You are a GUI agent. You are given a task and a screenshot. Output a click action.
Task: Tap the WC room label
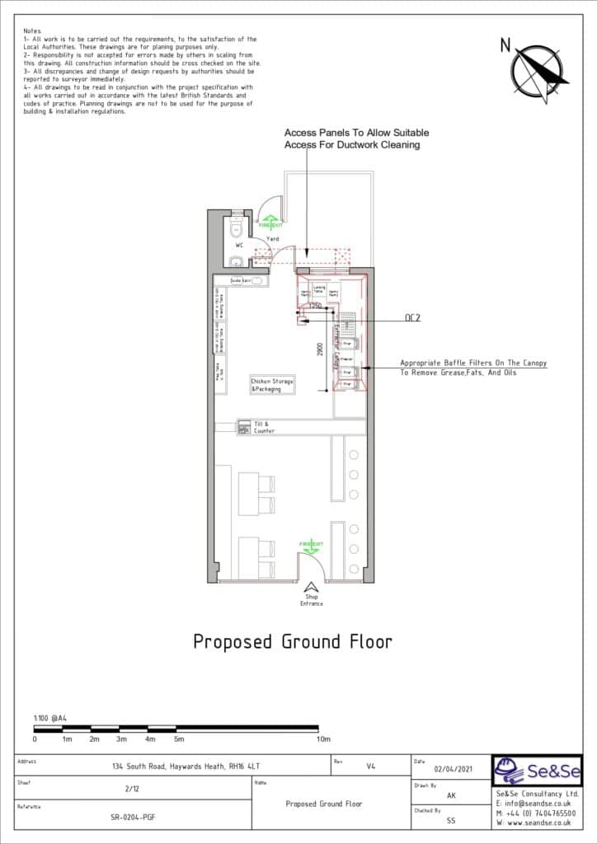click(239, 246)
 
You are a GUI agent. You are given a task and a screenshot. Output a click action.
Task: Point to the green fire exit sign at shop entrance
click(311, 546)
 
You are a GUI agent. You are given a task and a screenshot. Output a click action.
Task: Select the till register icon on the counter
click(244, 426)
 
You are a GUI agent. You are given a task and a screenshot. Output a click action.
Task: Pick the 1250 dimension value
click(314, 306)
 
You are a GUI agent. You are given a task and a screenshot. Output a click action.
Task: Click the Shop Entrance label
click(311, 600)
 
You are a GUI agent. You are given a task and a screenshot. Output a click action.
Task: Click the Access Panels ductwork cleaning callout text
click(356, 138)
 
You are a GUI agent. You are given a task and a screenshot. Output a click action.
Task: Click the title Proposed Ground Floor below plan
click(292, 641)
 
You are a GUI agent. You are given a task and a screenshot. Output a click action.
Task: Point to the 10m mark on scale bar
click(323, 739)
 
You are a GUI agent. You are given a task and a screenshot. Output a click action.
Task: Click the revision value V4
click(370, 766)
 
